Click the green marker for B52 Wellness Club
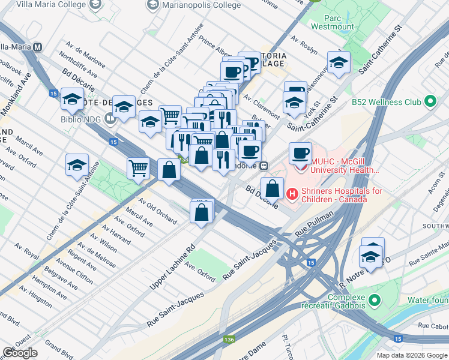430,101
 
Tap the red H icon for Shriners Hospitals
292,194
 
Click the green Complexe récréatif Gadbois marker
375,299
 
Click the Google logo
20,353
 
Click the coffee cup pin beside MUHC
300,152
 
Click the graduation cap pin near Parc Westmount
339,62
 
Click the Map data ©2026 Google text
411,355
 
